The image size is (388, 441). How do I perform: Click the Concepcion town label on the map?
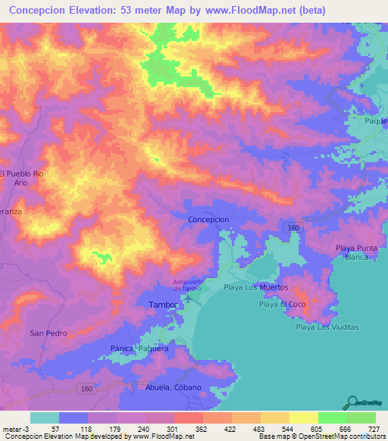coord(208,219)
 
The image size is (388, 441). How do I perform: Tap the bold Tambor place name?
coord(161,305)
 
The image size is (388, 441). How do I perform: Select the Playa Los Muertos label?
coord(256,288)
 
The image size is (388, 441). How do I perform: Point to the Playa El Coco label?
coord(281,305)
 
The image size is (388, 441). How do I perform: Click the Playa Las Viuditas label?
coord(327,327)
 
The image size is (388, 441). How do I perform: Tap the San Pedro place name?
coord(48,333)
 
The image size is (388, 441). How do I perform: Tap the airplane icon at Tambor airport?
coord(186,303)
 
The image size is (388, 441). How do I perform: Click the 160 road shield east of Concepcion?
coord(291,227)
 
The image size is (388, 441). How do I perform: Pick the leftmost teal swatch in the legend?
coord(44,418)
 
